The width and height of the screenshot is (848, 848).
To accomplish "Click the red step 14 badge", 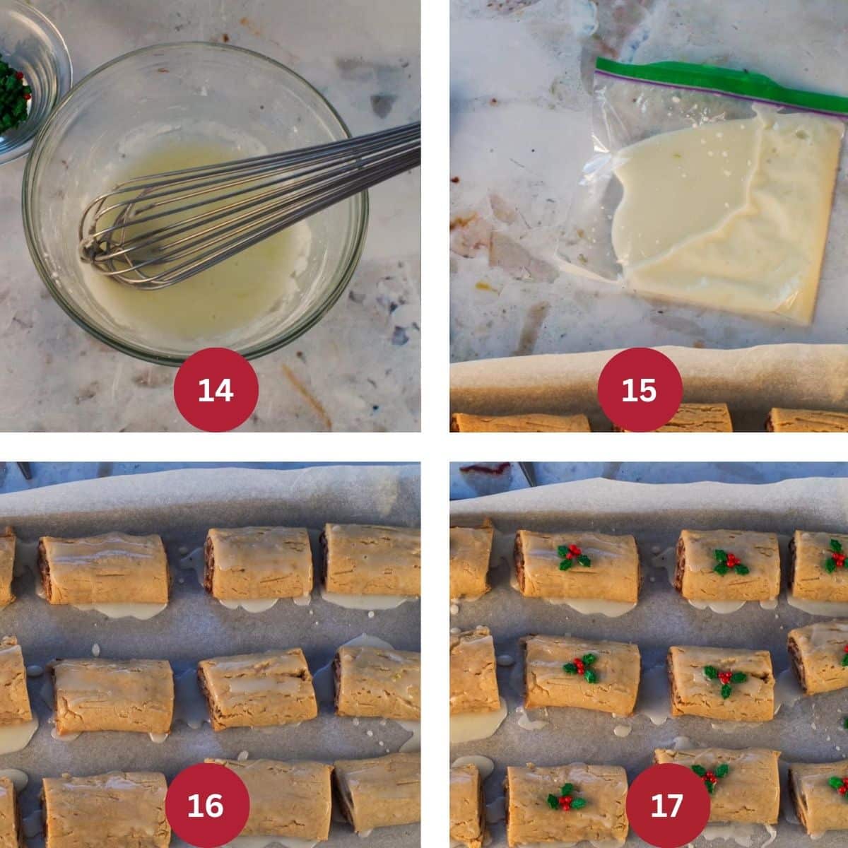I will (216, 389).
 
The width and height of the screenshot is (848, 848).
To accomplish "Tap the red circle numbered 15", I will (640, 389).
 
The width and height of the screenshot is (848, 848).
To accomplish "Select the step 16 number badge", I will (206, 805).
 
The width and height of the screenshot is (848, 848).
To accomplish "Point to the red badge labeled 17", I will (668, 805).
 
